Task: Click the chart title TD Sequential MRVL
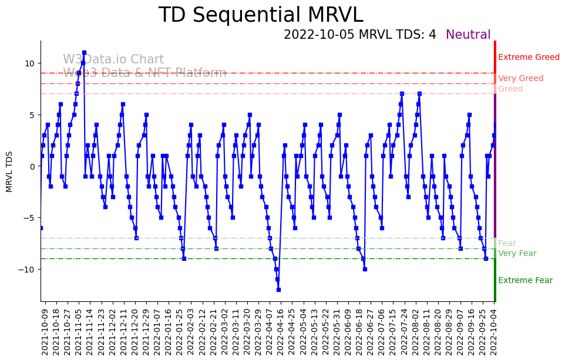[261, 15]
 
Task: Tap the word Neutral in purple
[468, 35]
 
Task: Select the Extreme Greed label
[529, 58]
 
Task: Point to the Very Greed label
[520, 79]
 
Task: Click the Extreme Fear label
[525, 281]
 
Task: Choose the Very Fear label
[517, 254]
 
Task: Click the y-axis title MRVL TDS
[9, 171]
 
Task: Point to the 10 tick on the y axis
[29, 63]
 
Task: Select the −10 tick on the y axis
[27, 270]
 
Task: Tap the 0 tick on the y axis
[32, 166]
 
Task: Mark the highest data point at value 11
[84, 53]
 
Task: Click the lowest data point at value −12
[278, 290]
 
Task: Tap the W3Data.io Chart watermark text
[113, 60]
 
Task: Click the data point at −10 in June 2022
[365, 269]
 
